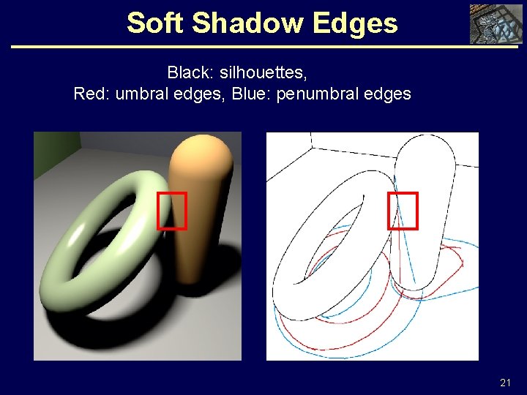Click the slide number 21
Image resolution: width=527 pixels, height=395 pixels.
coord(505,383)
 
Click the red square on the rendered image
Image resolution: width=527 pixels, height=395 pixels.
coord(172,211)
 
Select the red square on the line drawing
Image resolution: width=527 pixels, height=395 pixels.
coord(403,211)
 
